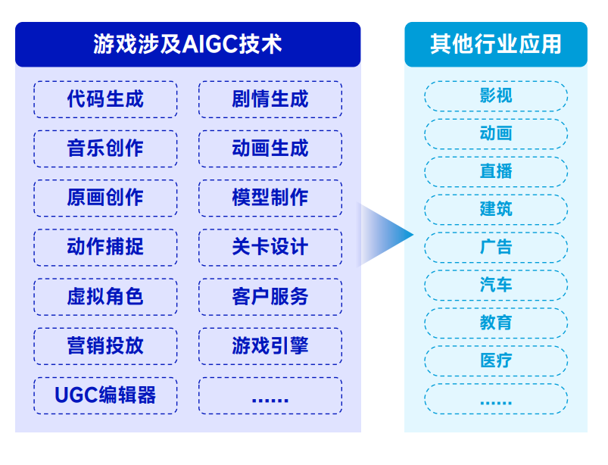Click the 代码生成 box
[x=105, y=99]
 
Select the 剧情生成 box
[x=270, y=99]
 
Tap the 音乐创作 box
[x=105, y=148]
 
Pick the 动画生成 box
[x=270, y=148]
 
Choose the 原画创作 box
[x=105, y=198]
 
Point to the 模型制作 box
[x=270, y=198]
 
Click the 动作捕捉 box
[x=105, y=248]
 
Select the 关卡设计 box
[x=270, y=248]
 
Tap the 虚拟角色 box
[x=105, y=297]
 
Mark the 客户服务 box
[x=270, y=297]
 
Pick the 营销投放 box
[x=105, y=346]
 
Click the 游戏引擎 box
[x=270, y=346]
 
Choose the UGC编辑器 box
[x=105, y=395]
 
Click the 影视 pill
[x=496, y=96]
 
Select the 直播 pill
[x=496, y=172]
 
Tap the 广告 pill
[x=496, y=248]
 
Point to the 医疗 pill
[x=496, y=361]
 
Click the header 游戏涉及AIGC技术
[x=188, y=44]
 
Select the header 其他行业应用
[x=496, y=44]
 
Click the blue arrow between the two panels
[x=386, y=235]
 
